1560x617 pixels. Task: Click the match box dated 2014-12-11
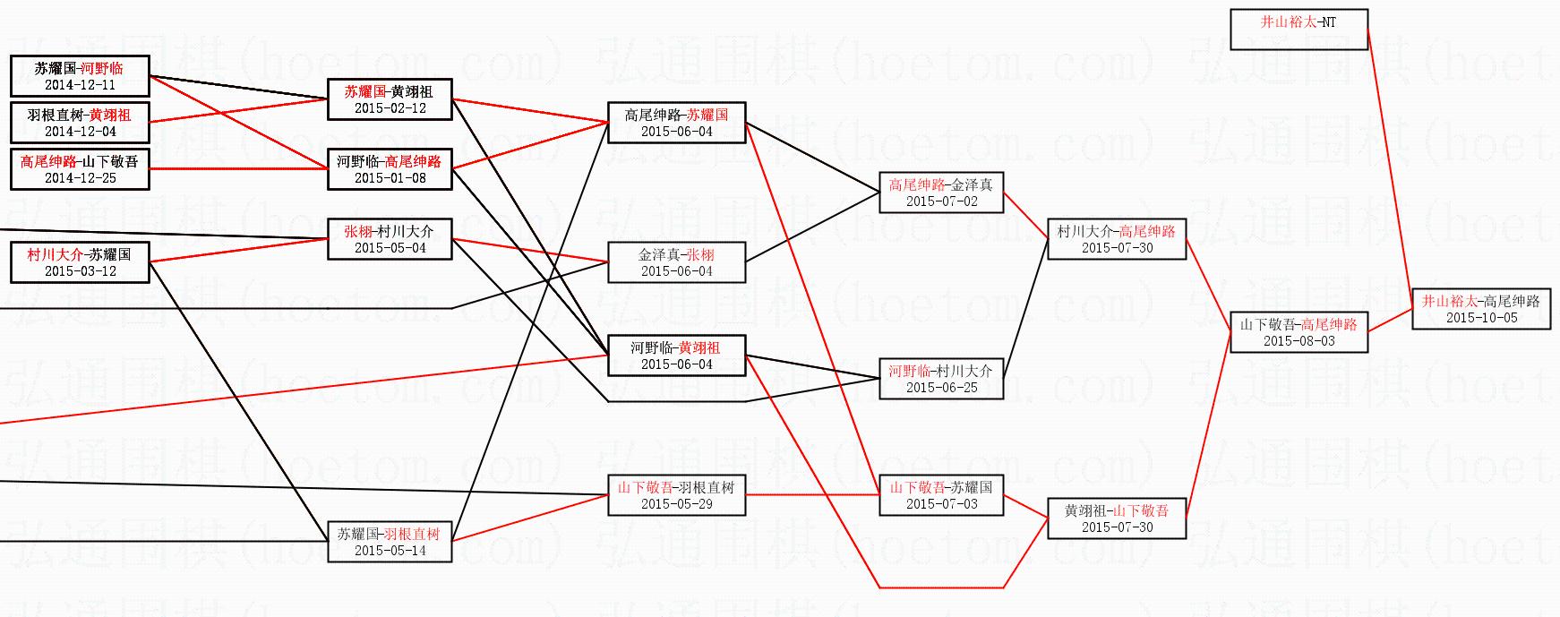coord(80,76)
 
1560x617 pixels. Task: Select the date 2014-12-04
coord(80,132)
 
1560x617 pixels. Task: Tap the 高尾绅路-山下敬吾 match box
coord(80,169)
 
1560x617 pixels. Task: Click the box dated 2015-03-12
coord(80,262)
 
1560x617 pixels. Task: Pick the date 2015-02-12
coord(390,108)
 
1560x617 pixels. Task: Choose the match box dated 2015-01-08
coord(390,169)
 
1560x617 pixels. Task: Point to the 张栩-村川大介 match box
coord(390,239)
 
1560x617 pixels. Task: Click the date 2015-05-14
coord(390,551)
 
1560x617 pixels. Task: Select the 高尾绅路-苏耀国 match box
coord(677,123)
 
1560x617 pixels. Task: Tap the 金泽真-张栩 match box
coord(677,262)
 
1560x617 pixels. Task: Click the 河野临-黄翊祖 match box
coord(677,356)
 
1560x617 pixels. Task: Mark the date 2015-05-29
coord(677,504)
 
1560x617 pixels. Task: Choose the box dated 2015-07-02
coord(941,193)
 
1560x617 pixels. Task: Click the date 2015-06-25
coord(941,388)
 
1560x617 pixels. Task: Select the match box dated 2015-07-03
coord(941,495)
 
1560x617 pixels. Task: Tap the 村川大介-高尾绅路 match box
coord(1117,239)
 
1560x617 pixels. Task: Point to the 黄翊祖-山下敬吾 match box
coord(1117,518)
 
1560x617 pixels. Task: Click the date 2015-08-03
coord(1299,341)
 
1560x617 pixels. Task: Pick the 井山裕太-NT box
coord(1299,30)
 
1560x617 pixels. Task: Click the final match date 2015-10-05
coord(1481,318)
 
